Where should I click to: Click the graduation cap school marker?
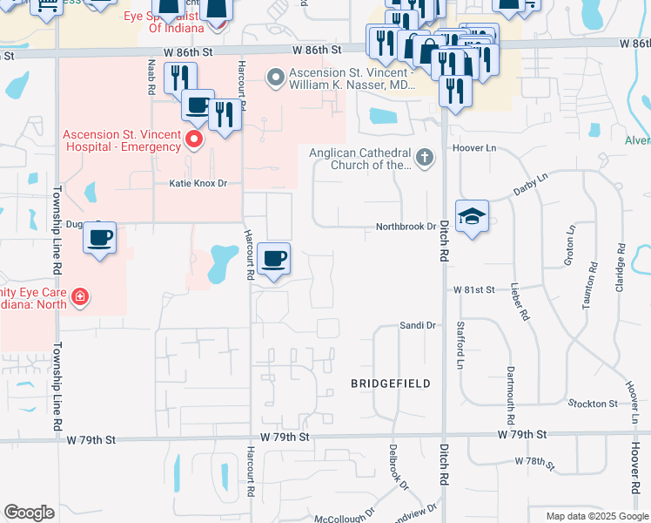point(472,217)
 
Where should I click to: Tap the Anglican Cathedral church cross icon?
point(424,158)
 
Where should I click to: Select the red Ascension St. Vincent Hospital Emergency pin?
point(194,139)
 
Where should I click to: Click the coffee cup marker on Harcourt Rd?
point(274,259)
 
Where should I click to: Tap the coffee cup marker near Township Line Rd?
point(100,237)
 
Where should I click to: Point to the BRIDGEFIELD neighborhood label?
point(391,383)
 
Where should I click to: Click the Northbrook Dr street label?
point(405,227)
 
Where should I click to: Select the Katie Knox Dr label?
point(197,184)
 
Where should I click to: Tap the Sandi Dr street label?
point(417,325)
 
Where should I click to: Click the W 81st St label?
point(473,289)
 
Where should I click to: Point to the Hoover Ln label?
point(473,148)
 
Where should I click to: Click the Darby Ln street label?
point(531,183)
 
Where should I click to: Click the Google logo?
point(30,513)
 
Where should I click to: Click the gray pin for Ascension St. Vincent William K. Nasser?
point(277,78)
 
